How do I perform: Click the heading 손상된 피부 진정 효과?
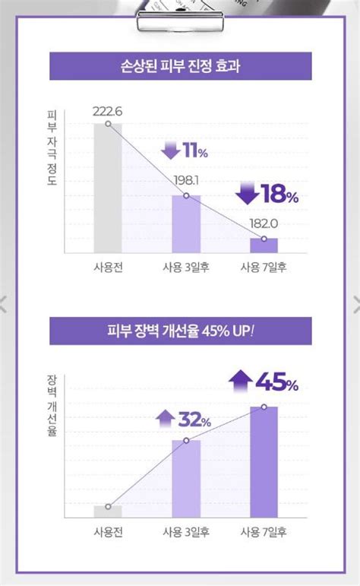click(180, 66)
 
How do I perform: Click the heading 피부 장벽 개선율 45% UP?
click(180, 332)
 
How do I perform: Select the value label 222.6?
click(107, 111)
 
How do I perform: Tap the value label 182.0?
click(264, 224)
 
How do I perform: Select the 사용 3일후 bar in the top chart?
click(186, 224)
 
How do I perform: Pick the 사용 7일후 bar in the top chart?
click(264, 245)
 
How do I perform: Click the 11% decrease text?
click(195, 153)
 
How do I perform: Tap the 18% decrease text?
click(279, 195)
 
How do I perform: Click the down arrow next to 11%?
click(171, 150)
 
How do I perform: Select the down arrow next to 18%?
click(248, 192)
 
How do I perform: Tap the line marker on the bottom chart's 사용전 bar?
click(108, 506)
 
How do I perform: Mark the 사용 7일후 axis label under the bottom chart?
click(264, 532)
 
